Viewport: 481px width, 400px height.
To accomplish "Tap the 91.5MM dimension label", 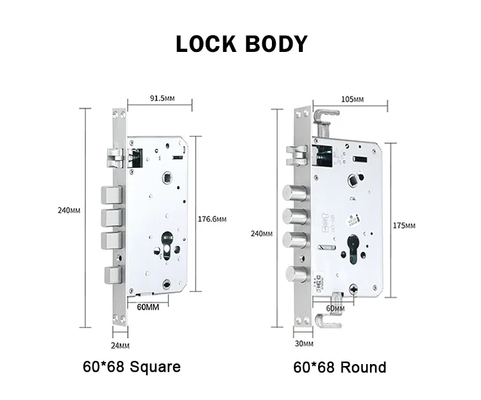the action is click(x=162, y=98).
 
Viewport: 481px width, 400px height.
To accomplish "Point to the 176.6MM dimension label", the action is click(x=212, y=219).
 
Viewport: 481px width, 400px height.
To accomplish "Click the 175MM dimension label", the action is click(x=405, y=226).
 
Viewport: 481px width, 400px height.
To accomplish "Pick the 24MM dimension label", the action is click(x=120, y=346).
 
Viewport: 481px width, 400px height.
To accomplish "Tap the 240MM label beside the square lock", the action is click(x=69, y=210).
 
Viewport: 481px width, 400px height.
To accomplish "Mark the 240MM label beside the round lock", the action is click(x=262, y=233).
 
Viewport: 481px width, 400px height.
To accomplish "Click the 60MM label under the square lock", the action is click(x=148, y=307).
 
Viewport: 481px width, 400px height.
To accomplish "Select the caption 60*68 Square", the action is click(x=131, y=367).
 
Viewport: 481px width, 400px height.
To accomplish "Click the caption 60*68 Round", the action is click(x=340, y=367).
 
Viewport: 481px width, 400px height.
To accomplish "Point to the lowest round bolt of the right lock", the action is click(x=295, y=274).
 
